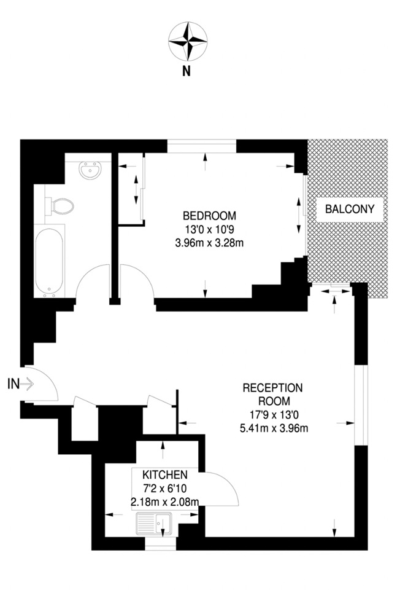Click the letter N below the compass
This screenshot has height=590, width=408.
pos(187,71)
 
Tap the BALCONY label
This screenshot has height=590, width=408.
pos(349,209)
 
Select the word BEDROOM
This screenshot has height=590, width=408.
pos(209,216)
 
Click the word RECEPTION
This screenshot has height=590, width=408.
pos(273,388)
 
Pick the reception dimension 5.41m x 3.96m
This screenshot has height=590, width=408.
pos(274,427)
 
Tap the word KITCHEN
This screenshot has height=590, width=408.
pos(164,475)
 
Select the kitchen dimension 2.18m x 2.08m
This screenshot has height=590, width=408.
pos(164,502)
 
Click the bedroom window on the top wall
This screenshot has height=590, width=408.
pos(202,146)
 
